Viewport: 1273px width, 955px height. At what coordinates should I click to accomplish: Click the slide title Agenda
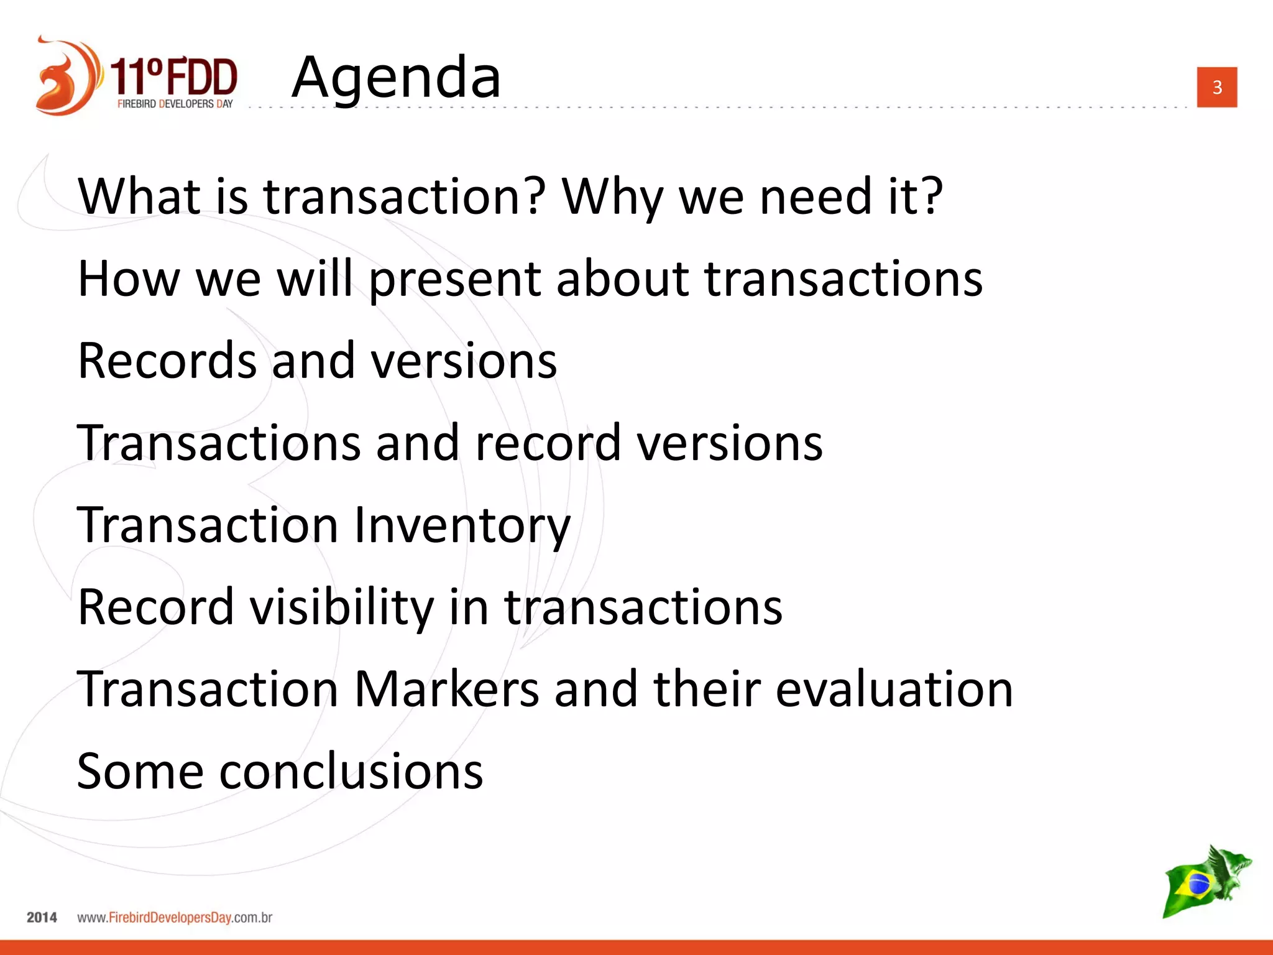click(x=396, y=77)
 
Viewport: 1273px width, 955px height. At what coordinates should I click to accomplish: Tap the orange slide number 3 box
click(x=1216, y=87)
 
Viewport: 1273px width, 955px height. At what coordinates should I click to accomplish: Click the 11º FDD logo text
click(x=174, y=77)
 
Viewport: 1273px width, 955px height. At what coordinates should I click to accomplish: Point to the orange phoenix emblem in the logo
click(x=65, y=76)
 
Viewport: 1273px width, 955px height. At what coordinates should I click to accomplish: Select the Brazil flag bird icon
click(x=1206, y=881)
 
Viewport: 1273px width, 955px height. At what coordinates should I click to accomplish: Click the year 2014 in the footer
click(x=42, y=917)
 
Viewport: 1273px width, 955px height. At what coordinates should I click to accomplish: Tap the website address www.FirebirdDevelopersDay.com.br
click(x=175, y=917)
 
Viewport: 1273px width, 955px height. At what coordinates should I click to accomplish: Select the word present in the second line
click(x=454, y=279)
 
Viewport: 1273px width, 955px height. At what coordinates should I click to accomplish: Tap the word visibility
click(x=342, y=607)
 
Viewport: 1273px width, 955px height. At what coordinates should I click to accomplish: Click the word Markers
click(x=446, y=689)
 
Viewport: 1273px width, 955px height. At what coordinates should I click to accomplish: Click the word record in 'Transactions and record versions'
click(x=548, y=443)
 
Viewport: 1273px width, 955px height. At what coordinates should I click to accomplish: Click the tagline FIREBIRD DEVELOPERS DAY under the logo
click(x=175, y=104)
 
